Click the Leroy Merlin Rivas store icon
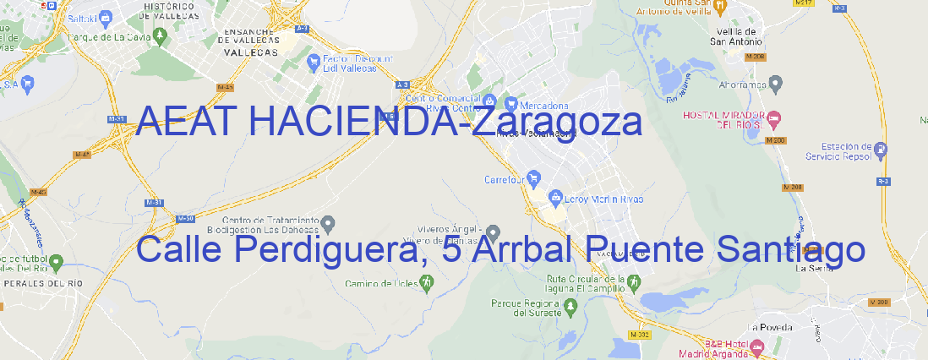point(555,199)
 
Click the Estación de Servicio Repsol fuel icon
point(881,150)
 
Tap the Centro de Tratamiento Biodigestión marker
point(330,223)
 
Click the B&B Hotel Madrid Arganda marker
point(756,347)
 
